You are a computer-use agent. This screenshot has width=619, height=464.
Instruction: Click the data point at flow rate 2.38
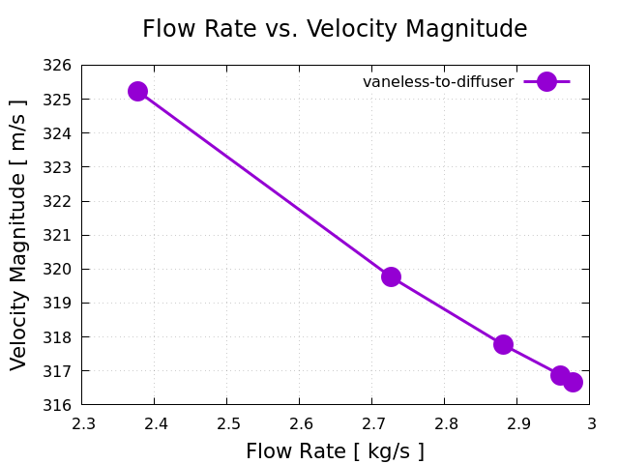[137, 91]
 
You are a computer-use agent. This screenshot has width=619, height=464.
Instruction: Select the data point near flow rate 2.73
[391, 276]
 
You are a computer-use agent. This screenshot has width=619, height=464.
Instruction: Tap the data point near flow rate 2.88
[503, 344]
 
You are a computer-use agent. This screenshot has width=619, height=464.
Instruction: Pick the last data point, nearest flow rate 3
[573, 382]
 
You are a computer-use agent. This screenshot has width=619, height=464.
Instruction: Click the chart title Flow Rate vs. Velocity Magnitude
[335, 29]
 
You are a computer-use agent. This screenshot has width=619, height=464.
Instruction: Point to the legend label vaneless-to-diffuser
[438, 82]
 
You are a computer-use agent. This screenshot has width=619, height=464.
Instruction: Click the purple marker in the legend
[546, 82]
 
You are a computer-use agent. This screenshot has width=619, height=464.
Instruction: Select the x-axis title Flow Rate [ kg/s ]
[335, 451]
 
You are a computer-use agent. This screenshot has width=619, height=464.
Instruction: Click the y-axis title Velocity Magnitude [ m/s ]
[18, 235]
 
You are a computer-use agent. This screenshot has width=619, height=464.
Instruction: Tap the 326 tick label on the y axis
[59, 66]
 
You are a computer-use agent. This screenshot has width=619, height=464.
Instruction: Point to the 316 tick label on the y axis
[59, 405]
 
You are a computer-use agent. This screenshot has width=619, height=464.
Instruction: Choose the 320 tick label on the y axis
[59, 269]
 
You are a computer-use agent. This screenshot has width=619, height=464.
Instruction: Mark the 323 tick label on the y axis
[59, 167]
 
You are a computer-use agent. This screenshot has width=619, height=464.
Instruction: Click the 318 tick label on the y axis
[59, 337]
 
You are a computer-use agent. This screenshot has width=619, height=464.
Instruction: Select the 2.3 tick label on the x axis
[82, 423]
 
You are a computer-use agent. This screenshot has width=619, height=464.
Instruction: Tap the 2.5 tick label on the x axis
[227, 423]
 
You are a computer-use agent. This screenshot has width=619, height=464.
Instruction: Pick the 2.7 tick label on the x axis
[372, 423]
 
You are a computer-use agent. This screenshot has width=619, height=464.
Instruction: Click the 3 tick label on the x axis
[591, 423]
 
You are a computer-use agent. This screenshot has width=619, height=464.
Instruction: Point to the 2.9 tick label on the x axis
[517, 423]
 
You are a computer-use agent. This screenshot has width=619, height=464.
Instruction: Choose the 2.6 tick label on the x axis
[300, 423]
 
